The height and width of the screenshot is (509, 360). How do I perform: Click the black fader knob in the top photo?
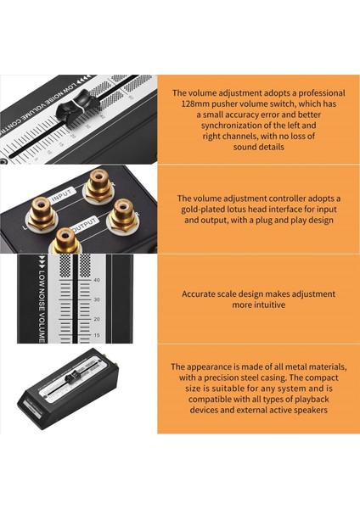(x=72, y=107)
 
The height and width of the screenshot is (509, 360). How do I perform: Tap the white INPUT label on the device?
(x=63, y=194)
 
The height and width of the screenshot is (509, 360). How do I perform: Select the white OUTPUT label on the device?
(x=84, y=224)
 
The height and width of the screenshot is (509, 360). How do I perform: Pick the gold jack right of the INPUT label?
(x=98, y=184)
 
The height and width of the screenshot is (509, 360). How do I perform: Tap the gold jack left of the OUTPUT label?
(x=65, y=241)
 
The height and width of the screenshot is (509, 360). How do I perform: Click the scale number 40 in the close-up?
(x=97, y=280)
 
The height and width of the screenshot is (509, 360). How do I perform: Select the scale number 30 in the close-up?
(x=97, y=299)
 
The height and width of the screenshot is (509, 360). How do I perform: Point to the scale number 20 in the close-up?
(x=97, y=319)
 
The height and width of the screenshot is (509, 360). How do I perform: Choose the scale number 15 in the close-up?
(x=97, y=335)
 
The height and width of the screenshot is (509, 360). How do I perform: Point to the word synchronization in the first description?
(x=230, y=126)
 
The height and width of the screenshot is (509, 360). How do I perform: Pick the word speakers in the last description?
(x=311, y=411)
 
